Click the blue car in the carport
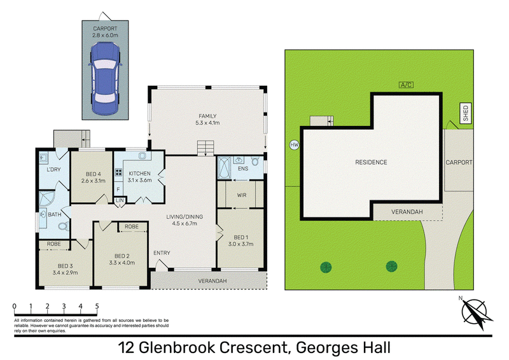105,78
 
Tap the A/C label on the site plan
406,85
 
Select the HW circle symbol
294,145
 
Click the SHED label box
466,113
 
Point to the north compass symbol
475,313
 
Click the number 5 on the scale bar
97,306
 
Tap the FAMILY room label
207,116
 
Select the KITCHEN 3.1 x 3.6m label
139,177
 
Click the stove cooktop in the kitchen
118,172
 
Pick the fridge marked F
118,190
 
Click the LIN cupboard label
120,200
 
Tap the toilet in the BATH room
64,226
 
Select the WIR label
242,195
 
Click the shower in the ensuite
224,167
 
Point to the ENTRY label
162,253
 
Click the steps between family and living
206,148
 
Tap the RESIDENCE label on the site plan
371,162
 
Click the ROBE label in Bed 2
132,226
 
